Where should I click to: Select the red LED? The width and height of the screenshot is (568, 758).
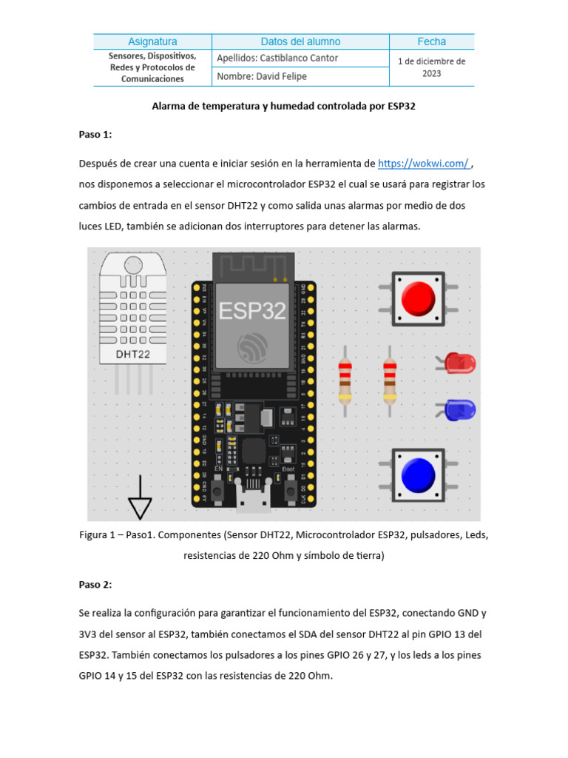(x=462, y=363)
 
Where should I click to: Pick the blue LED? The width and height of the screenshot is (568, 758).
(x=462, y=409)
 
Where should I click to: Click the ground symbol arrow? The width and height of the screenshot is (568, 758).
(x=140, y=507)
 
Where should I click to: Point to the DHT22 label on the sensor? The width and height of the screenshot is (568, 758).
(x=133, y=355)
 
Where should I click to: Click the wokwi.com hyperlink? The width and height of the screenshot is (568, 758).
(x=423, y=164)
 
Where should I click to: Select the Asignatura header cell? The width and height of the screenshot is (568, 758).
(x=152, y=41)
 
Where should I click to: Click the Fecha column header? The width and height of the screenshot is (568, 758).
(x=431, y=41)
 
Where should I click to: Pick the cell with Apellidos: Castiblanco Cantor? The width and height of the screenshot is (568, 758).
(x=277, y=58)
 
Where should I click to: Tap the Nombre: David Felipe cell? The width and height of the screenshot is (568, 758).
(x=262, y=76)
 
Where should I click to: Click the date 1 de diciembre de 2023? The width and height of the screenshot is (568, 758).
(x=431, y=67)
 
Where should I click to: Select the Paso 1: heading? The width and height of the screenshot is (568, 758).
(x=95, y=134)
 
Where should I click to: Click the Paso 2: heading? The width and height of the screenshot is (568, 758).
(x=95, y=585)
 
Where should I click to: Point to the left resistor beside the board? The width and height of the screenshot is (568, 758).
(x=345, y=380)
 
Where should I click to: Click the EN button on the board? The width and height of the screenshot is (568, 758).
(x=218, y=489)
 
